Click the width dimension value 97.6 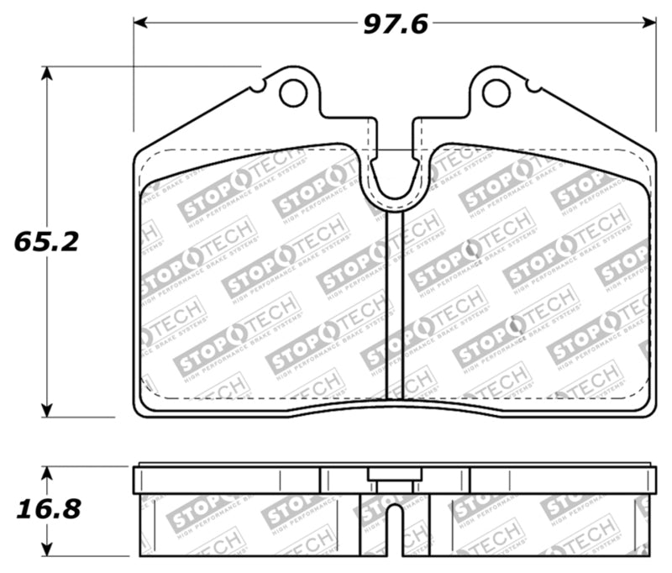coord(395,24)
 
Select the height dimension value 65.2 coord(46,242)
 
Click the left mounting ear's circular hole coord(293,93)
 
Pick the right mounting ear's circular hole coord(496,93)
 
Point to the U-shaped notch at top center coord(395,181)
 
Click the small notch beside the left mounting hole coord(264,85)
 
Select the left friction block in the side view coord(248,525)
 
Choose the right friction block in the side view coord(542,525)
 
